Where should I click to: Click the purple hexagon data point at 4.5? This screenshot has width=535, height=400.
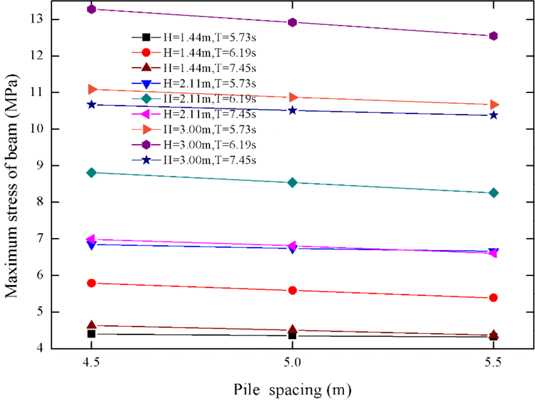[91, 9]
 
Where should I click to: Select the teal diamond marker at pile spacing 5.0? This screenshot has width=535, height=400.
[292, 183]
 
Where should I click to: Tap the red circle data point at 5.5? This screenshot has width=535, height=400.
[493, 298]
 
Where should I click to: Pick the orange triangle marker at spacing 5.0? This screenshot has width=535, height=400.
[292, 97]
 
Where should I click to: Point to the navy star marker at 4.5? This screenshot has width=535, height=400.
[91, 105]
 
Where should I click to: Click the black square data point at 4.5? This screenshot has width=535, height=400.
[91, 334]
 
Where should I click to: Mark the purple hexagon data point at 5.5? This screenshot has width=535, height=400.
[493, 36]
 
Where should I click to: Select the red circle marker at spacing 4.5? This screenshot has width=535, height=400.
[91, 283]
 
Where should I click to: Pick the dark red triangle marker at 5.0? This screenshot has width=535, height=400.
[292, 330]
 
